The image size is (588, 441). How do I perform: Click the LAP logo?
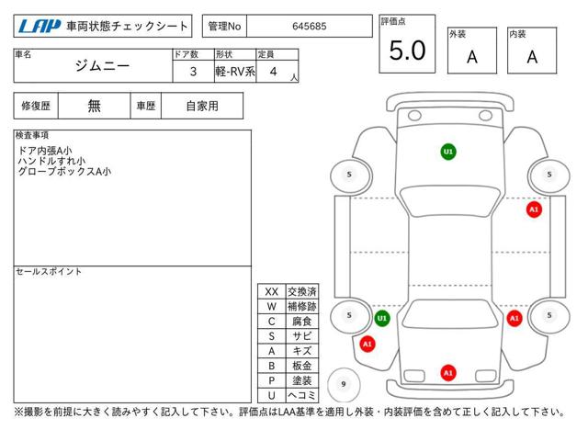pos(40,27)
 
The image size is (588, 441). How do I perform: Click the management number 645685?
pos(310,27)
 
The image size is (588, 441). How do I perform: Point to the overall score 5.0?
pos(407,51)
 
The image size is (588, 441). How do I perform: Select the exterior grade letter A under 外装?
pos(472,57)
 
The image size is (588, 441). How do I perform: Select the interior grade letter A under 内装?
pos(532,57)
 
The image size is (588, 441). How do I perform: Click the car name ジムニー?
pos(102,66)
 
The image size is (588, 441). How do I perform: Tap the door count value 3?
pos(193,72)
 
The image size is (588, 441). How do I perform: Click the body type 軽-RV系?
pos(235,72)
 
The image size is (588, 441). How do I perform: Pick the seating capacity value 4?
pos(274,72)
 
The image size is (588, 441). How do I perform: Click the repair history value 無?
pos(94,107)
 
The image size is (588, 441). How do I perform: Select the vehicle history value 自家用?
pos(202,107)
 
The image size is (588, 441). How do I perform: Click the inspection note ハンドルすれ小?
pos(51,162)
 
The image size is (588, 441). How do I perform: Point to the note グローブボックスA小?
pos(64,172)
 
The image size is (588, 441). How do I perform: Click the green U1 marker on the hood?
pos(448,152)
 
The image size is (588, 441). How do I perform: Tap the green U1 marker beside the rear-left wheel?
pos(382,319)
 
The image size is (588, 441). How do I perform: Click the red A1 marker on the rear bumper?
pos(448,373)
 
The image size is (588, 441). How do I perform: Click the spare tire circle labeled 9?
pos(344,384)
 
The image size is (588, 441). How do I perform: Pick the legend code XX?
pos(272,292)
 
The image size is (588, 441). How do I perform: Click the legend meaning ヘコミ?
pos(302,395)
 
